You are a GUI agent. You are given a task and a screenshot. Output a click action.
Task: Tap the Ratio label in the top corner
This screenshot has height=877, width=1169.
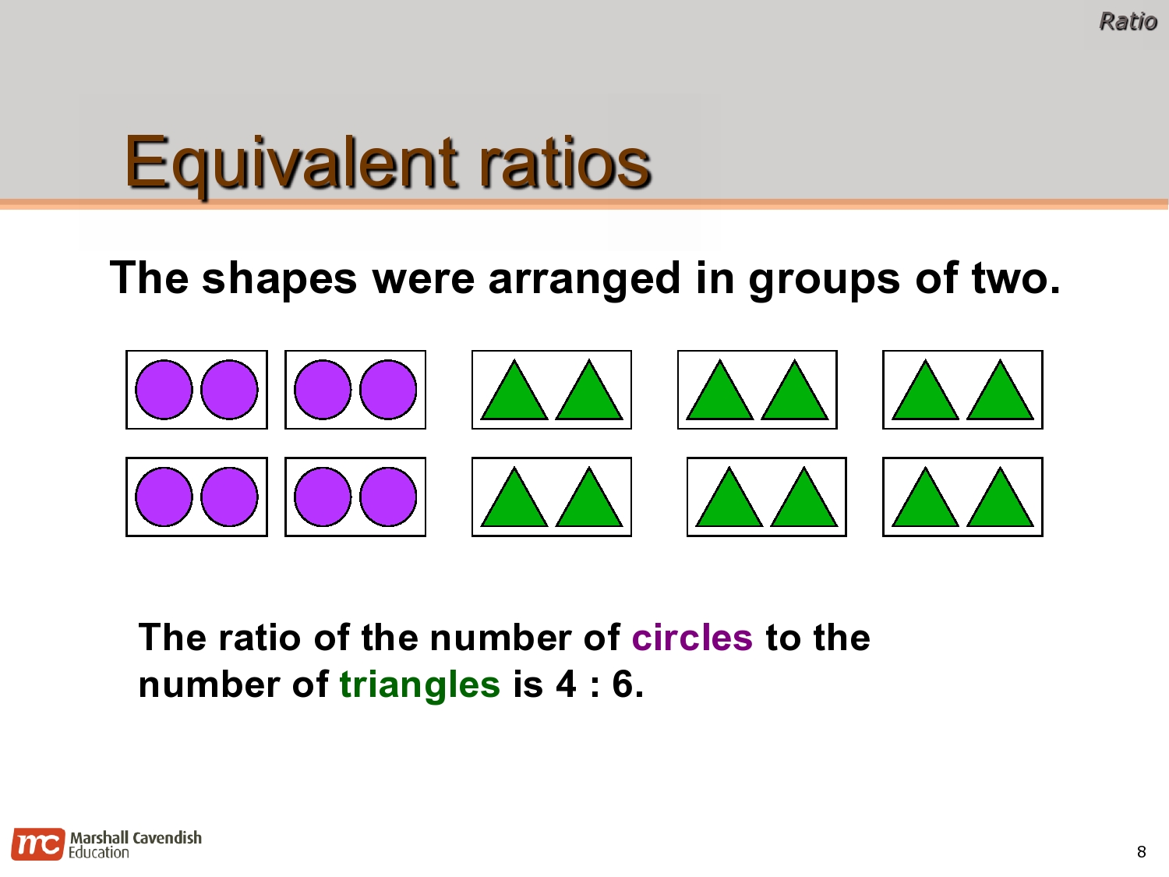(x=1127, y=22)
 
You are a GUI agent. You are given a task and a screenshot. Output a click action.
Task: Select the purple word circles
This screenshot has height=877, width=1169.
(x=692, y=638)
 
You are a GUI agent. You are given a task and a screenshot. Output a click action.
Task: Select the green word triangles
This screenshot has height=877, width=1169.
(x=419, y=684)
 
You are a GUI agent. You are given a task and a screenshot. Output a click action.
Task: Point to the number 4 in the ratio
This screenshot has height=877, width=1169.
(x=566, y=684)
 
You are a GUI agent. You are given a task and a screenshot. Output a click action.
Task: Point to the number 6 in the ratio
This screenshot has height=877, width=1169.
(x=623, y=684)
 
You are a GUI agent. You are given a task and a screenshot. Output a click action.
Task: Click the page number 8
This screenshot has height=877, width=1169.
(x=1141, y=852)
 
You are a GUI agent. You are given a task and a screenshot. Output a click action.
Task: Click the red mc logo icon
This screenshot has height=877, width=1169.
(x=37, y=844)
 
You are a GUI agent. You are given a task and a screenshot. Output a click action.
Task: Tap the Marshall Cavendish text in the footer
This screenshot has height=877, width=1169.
(x=136, y=838)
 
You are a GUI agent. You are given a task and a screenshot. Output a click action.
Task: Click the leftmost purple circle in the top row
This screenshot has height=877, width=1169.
(x=164, y=390)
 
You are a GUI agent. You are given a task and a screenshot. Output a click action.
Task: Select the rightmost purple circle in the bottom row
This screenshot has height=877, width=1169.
(x=388, y=497)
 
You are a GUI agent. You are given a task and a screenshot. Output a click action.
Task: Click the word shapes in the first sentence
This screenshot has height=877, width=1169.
(x=279, y=279)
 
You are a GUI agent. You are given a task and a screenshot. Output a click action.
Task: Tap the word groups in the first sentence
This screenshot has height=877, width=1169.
(x=824, y=279)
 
